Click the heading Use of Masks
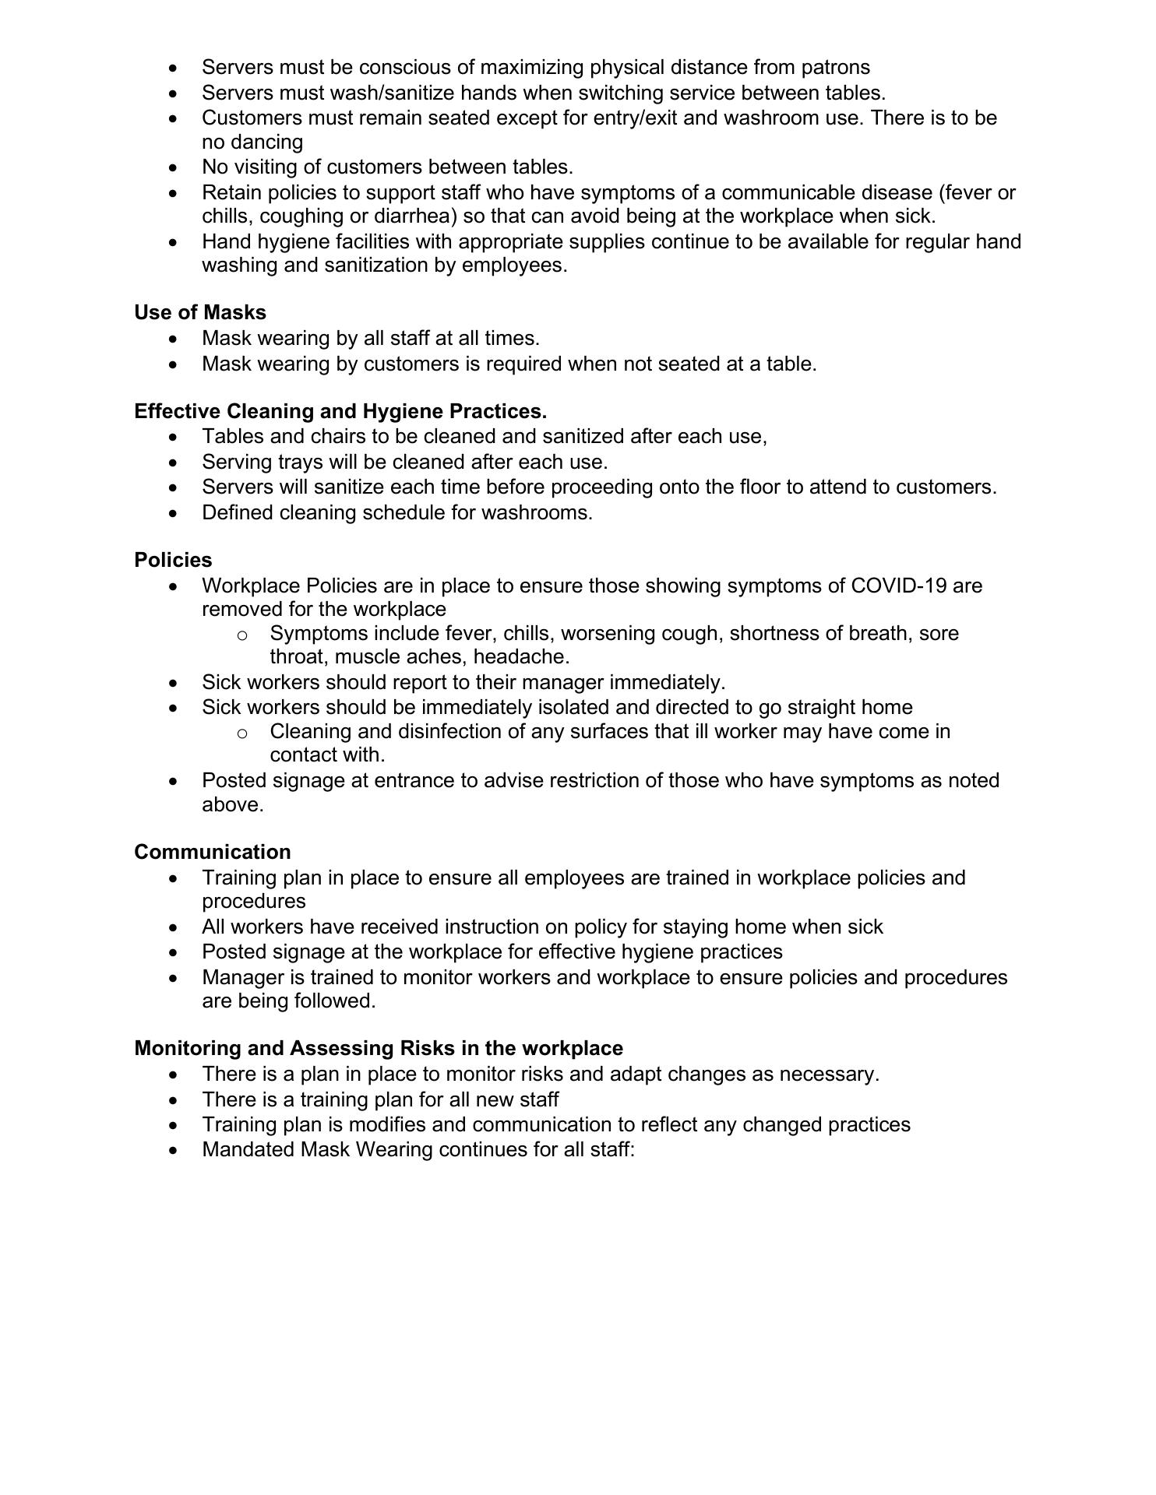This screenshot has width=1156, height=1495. (x=200, y=312)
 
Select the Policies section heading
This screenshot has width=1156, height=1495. (x=173, y=560)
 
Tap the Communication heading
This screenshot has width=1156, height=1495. (x=213, y=852)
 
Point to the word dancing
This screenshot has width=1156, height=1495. (x=265, y=142)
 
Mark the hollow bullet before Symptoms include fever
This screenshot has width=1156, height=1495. (x=242, y=635)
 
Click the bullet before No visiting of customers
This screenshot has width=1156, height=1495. (x=173, y=168)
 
